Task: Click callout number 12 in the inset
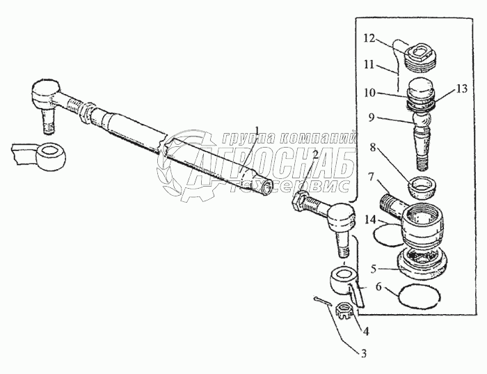point(370,39)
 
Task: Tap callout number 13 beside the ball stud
point(462,88)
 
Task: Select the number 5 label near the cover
point(374,268)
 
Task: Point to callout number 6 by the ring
point(378,287)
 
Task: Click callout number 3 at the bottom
point(363,354)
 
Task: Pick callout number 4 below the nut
point(366,332)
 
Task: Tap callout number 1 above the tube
point(257,130)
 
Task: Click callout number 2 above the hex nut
point(315,155)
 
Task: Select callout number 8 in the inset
point(372,147)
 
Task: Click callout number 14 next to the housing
point(370,220)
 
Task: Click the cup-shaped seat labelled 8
point(422,188)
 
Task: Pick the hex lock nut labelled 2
point(299,201)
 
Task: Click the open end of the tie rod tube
point(267,187)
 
